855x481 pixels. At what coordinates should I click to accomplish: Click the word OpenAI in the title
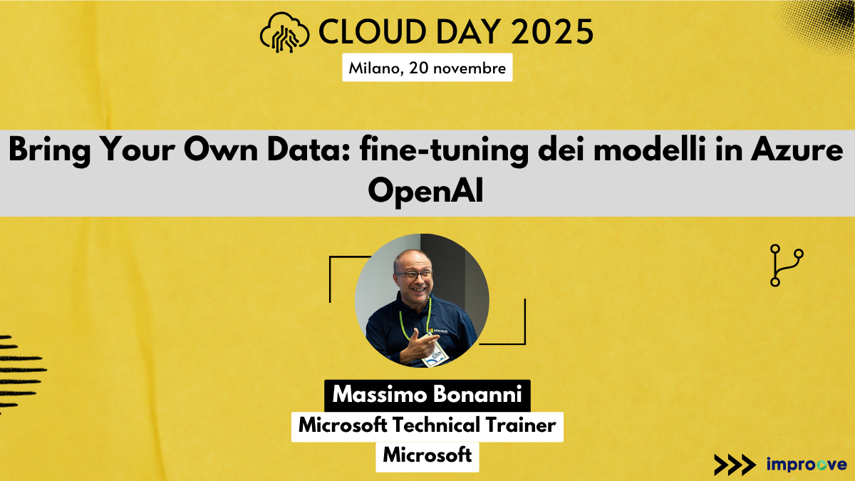(427, 192)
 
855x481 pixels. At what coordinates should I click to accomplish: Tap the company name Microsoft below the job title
(427, 454)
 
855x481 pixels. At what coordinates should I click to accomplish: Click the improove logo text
(807, 464)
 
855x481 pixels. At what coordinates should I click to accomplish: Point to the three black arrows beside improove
(734, 464)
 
